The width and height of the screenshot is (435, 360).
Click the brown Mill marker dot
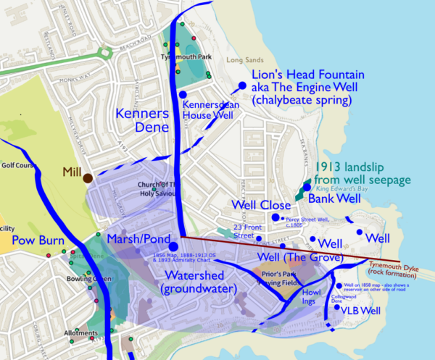87,177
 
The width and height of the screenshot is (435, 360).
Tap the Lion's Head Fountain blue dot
242,85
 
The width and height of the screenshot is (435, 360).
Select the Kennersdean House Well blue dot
183,95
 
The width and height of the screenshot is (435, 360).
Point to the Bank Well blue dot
307,187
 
